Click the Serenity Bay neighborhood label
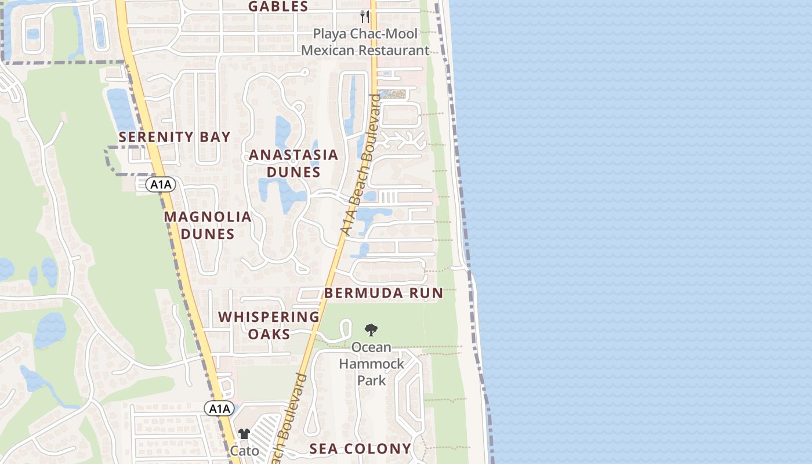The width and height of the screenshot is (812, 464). pos(175,137)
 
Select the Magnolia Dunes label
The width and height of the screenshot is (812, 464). pos(208,225)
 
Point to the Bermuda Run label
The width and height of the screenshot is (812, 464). pos(383,293)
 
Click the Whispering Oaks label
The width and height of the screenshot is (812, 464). pos(269,325)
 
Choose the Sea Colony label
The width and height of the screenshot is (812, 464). pos(360,448)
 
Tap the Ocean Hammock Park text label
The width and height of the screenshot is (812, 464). pos(372,364)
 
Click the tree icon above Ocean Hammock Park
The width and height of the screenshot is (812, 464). pos(371,331)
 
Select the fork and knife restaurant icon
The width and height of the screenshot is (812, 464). pos(365,16)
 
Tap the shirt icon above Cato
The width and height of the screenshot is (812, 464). pos(244,434)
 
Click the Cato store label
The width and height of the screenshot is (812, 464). pos(245,451)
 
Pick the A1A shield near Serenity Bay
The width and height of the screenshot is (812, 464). pos(160,185)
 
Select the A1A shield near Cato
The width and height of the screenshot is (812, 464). pos(219,409)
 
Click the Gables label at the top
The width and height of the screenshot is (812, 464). pos(278,7)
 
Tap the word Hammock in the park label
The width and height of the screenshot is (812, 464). pos(372,364)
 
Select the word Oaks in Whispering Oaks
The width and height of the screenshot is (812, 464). pos(269,335)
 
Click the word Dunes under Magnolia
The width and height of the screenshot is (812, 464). pos(208,234)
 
